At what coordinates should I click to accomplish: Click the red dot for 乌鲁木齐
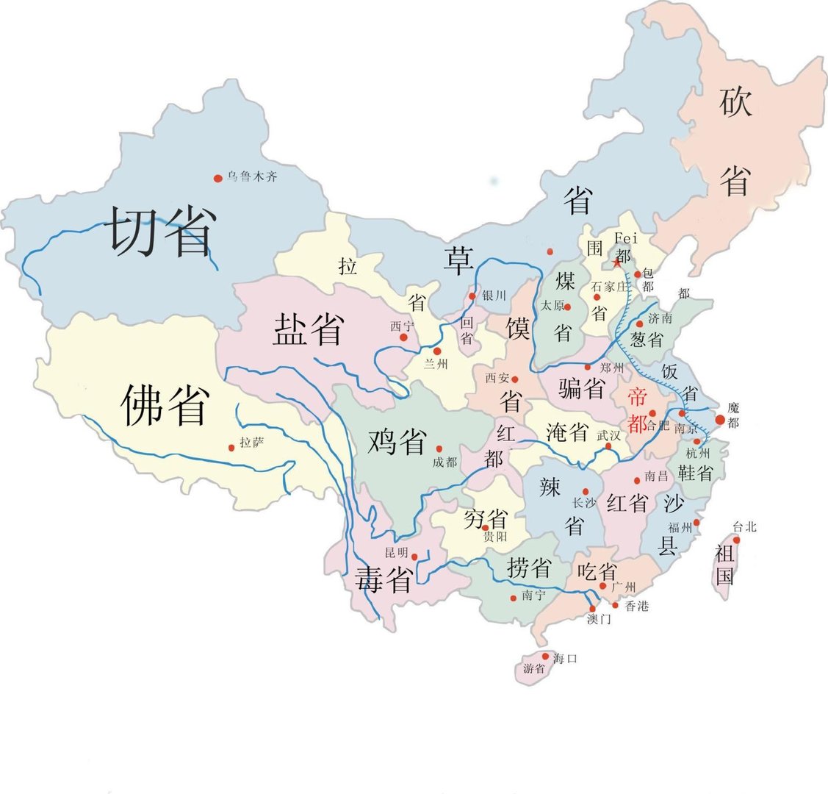point(217,178)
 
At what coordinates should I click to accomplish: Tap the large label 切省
point(161,231)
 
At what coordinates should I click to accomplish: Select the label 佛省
point(166,404)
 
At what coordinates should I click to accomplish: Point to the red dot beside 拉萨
point(231,447)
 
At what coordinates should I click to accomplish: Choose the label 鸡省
point(397,441)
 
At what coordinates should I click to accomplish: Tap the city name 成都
point(445,462)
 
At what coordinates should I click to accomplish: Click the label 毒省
point(383,579)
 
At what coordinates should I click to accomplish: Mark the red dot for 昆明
point(414,557)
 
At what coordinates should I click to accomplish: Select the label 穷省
point(485,519)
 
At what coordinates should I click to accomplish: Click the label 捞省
point(529,567)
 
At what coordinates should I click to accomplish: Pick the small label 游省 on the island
point(534,669)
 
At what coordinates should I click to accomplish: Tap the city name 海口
point(566,658)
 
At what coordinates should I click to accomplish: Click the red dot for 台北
point(736,540)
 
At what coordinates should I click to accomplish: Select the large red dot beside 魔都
point(720,420)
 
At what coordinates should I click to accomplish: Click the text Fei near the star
point(627,237)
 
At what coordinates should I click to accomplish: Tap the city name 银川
point(494,296)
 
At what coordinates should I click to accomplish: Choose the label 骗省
point(581,387)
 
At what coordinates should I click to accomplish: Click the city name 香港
point(637,606)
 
